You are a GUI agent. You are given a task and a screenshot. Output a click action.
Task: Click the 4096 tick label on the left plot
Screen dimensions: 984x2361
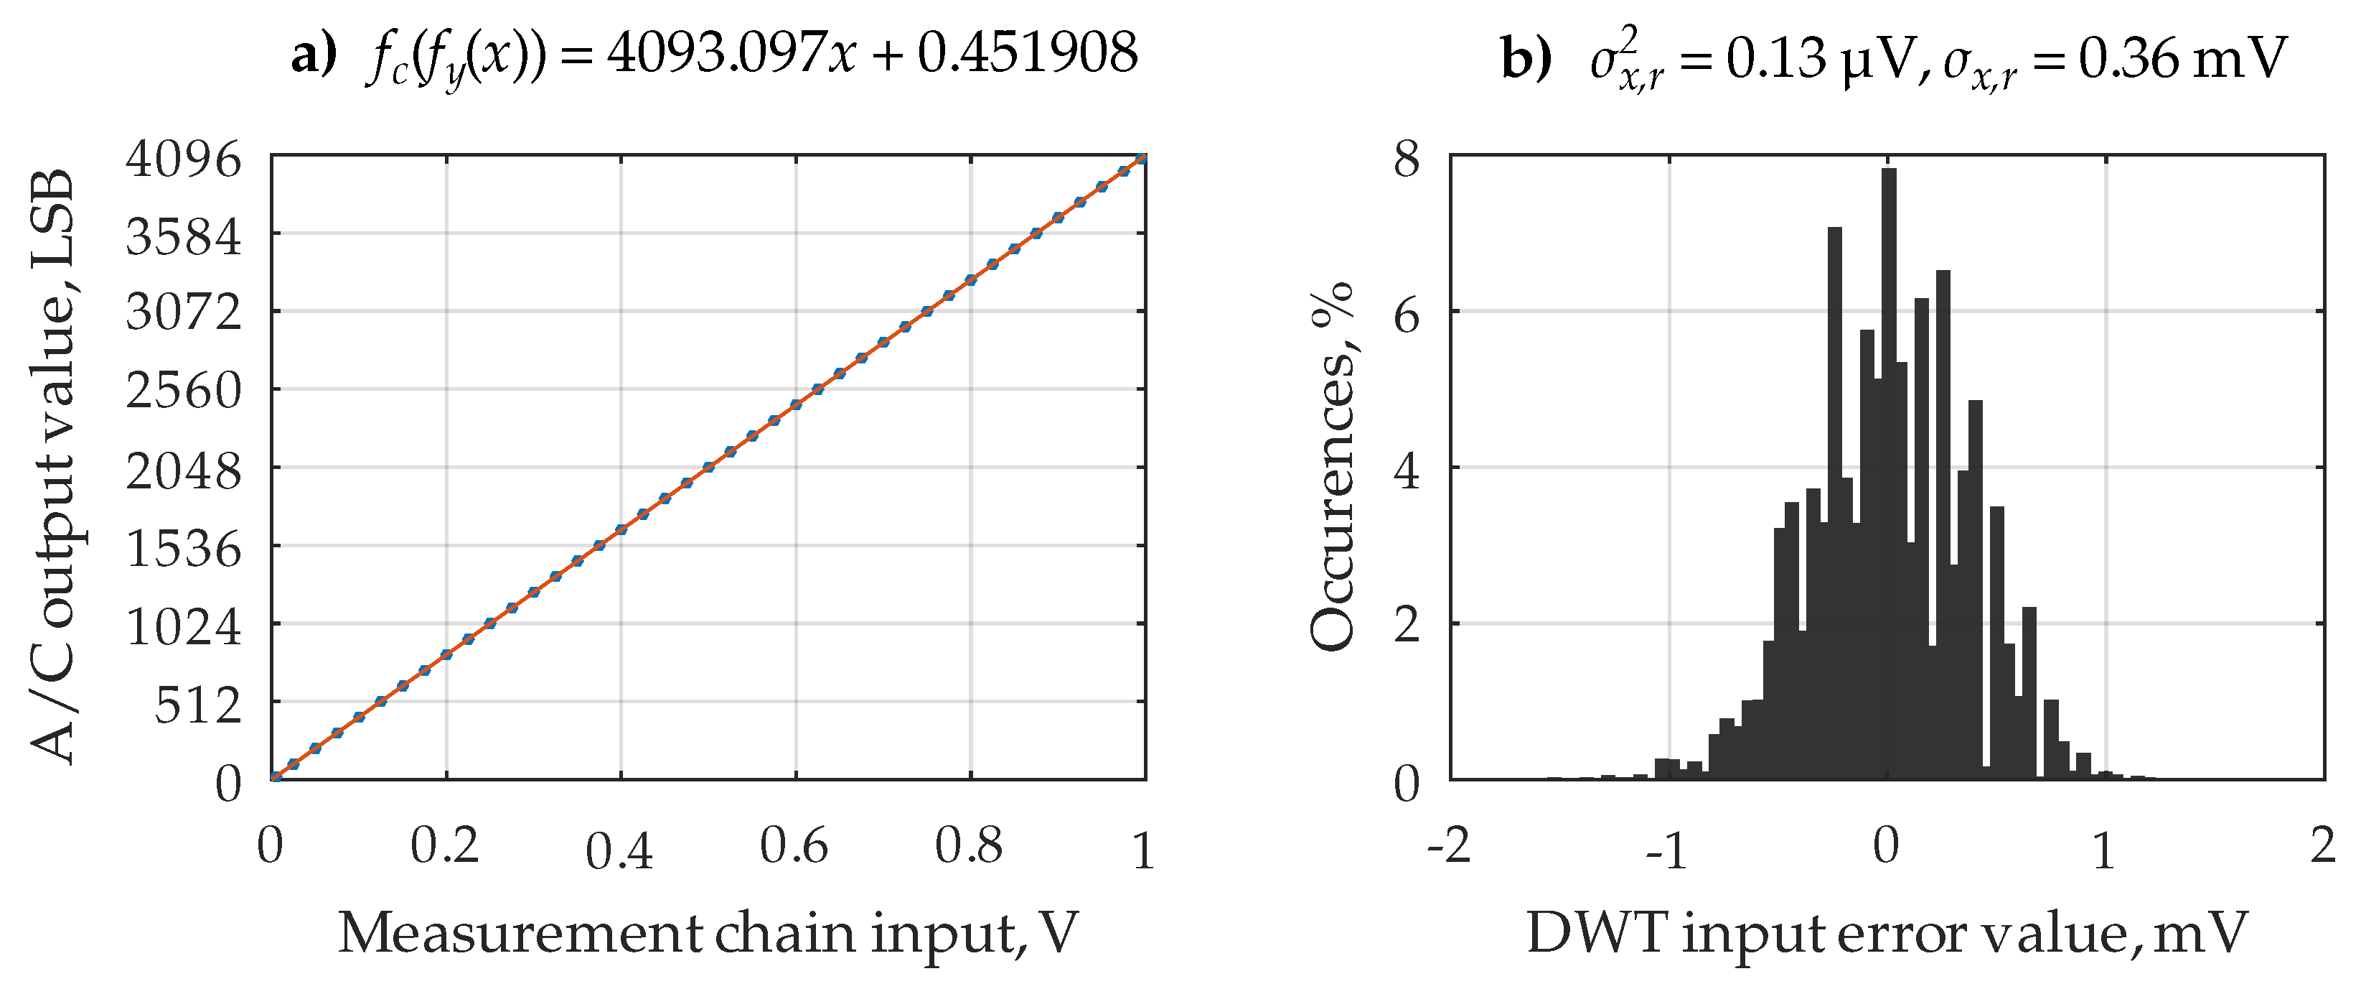[183, 159]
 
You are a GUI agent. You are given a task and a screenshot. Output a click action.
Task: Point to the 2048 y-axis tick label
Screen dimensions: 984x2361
[183, 473]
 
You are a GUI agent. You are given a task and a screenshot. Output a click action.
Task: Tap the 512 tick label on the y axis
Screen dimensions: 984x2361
[197, 706]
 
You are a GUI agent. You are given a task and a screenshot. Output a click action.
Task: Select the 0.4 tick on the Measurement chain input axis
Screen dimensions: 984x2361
[619, 852]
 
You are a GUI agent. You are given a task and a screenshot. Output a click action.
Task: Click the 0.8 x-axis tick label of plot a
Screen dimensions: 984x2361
[969, 845]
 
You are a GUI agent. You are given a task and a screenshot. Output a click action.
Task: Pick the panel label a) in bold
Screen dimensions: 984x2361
[314, 55]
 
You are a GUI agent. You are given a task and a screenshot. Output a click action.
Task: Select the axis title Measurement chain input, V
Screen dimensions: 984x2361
[708, 934]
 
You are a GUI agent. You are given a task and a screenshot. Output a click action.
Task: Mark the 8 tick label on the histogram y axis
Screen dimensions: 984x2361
[1406, 159]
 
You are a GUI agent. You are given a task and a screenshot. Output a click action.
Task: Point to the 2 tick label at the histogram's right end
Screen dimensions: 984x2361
[2322, 845]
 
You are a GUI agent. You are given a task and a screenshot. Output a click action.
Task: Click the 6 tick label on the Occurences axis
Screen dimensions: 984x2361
[1406, 316]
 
